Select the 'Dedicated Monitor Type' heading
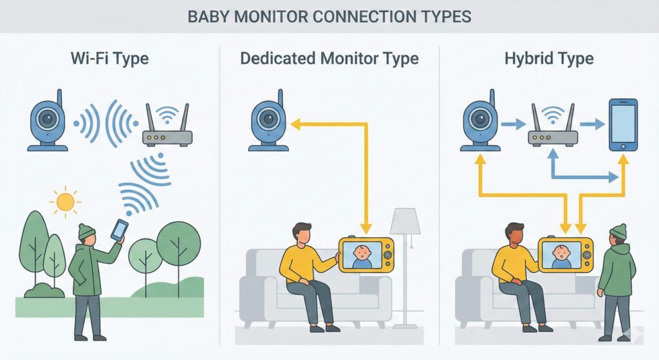pyautogui.click(x=329, y=59)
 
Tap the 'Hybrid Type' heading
pyautogui.click(x=549, y=59)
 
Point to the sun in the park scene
pyautogui.click(x=65, y=202)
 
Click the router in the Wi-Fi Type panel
pyautogui.click(x=167, y=128)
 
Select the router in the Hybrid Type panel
pyautogui.click(x=553, y=128)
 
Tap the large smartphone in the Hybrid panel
pyautogui.click(x=623, y=124)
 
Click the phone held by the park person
pyautogui.click(x=119, y=230)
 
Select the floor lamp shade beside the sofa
pyautogui.click(x=405, y=222)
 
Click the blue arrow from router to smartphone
pyautogui.click(x=592, y=125)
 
